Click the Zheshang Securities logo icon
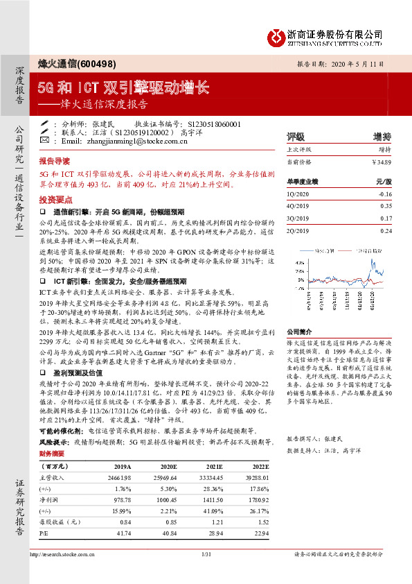pos(276,35)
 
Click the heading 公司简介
pos(300,332)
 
